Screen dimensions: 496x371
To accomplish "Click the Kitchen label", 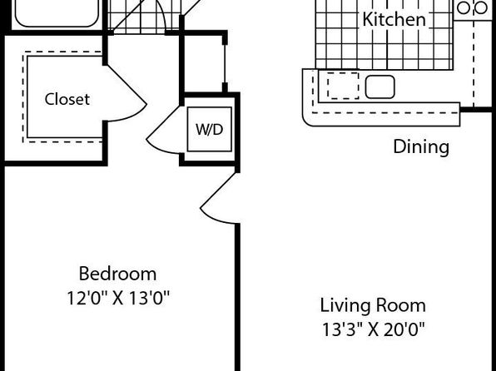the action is coord(394,19).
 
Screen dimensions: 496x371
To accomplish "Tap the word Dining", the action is coord(421,146).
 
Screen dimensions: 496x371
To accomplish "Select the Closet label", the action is coord(67,99).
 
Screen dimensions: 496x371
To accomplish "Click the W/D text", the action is coord(210,129).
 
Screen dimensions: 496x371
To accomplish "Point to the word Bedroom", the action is coord(117,274).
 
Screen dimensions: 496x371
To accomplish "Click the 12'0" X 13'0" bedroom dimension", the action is coord(118,298).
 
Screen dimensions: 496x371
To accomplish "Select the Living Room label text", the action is coord(373,305).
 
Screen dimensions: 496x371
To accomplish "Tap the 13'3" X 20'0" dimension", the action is coord(373,330).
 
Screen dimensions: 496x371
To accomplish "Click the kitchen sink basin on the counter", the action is coord(380,87).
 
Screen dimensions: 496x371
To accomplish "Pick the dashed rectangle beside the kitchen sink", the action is coord(343,86).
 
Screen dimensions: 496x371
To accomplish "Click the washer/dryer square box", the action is coord(210,130).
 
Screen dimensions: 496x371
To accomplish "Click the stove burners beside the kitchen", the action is coord(472,8).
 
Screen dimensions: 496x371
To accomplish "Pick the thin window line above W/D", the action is coord(225,63).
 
